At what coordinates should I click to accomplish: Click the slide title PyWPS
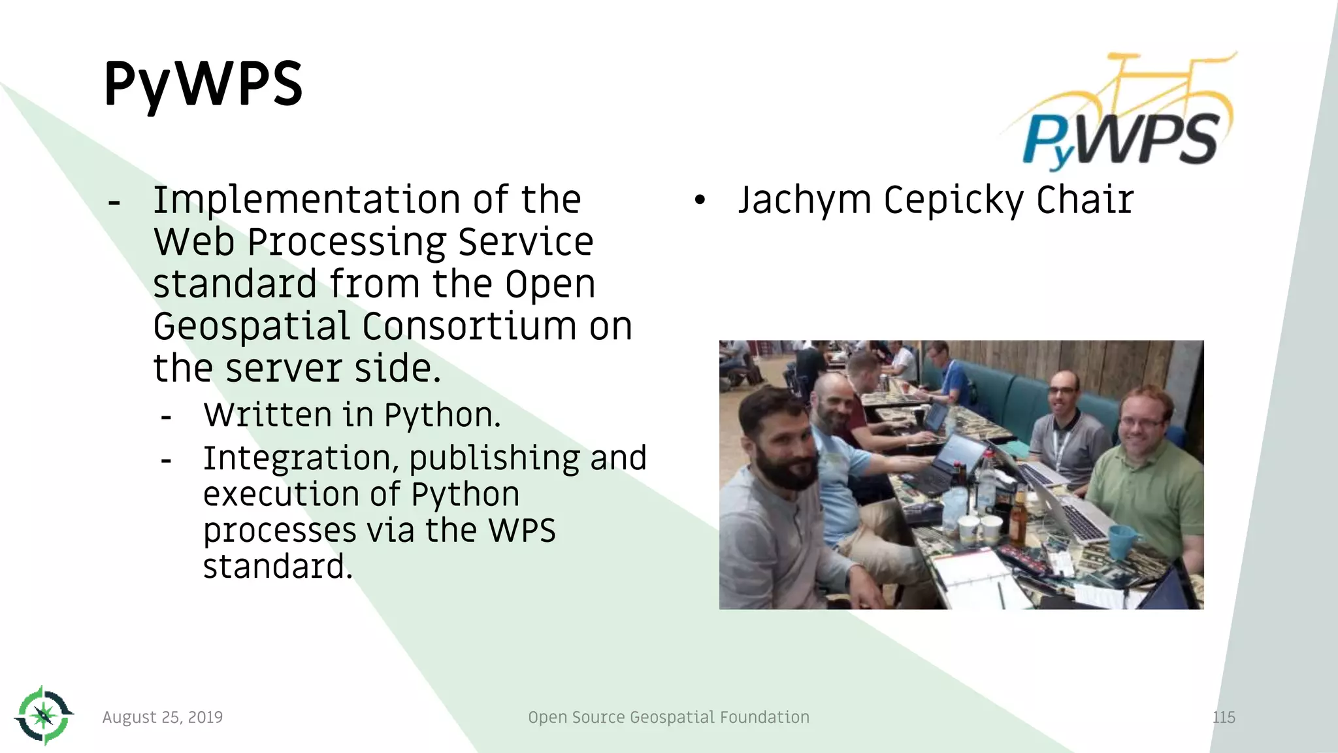pyautogui.click(x=203, y=84)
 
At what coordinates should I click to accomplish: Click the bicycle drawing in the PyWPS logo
pyautogui.click(x=1150, y=85)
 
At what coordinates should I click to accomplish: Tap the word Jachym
pyautogui.click(x=804, y=200)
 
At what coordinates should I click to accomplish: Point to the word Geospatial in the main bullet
pyautogui.click(x=252, y=327)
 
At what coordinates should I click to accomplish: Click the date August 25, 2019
pyautogui.click(x=163, y=717)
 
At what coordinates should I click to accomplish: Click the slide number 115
pyautogui.click(x=1224, y=717)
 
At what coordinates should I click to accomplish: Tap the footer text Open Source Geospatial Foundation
pyautogui.click(x=668, y=717)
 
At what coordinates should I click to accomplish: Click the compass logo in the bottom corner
pyautogui.click(x=44, y=715)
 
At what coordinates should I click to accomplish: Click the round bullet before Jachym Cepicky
pyautogui.click(x=700, y=201)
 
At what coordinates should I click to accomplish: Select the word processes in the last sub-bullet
pyautogui.click(x=279, y=531)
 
